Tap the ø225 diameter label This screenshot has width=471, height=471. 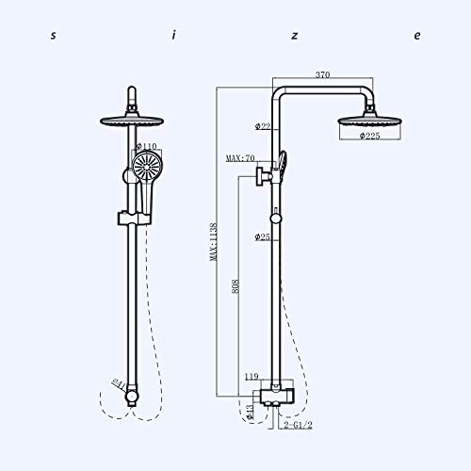coord(367,136)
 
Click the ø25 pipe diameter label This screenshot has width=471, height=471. coord(262,236)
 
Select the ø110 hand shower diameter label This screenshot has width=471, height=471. coord(150,147)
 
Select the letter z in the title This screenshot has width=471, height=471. coord(295,36)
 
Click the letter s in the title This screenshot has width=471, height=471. coord(53,36)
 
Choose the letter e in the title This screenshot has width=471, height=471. coord(416,36)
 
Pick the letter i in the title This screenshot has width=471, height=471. coord(174,36)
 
